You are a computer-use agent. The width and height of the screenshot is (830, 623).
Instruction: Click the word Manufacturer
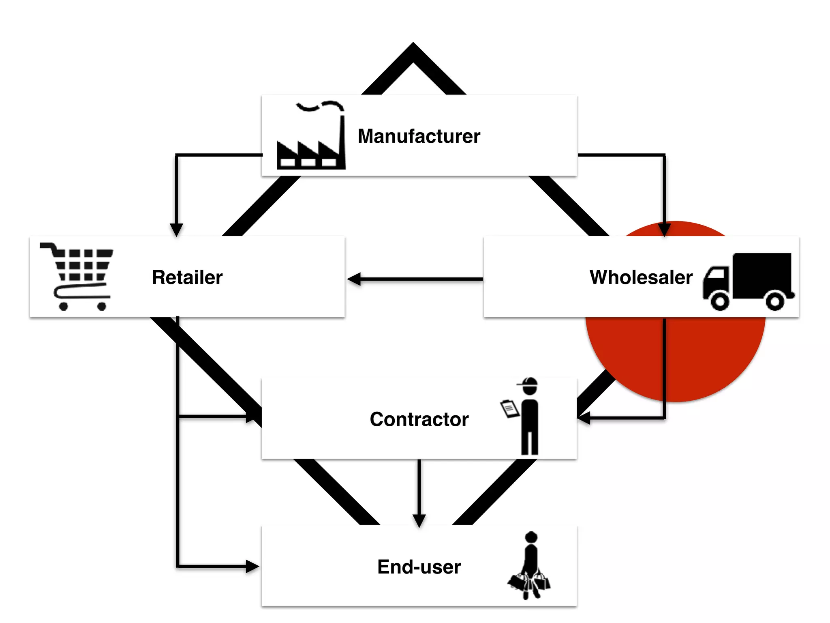[x=419, y=136]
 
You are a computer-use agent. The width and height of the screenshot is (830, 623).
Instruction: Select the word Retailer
[x=187, y=277]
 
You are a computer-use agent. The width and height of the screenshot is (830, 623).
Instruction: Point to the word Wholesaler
[x=641, y=277]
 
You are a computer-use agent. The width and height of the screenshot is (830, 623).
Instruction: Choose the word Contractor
[x=419, y=419]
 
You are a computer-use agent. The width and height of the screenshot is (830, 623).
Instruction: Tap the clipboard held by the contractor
[x=510, y=409]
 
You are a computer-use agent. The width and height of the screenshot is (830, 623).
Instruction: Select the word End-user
[x=419, y=567]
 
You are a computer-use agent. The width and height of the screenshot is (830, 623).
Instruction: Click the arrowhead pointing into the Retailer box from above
[x=176, y=230]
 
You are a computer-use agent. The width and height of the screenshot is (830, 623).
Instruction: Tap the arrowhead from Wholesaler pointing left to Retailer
[x=354, y=279]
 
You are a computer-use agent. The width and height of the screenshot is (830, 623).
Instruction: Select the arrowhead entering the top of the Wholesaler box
[x=664, y=230]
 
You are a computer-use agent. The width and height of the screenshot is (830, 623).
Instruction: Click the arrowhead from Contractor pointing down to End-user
[x=419, y=520]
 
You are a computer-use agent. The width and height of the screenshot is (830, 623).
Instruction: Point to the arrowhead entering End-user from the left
[x=252, y=566]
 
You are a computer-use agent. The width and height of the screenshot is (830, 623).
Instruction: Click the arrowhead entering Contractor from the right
[x=584, y=418]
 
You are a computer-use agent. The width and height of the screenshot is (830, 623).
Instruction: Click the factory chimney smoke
[x=320, y=106]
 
